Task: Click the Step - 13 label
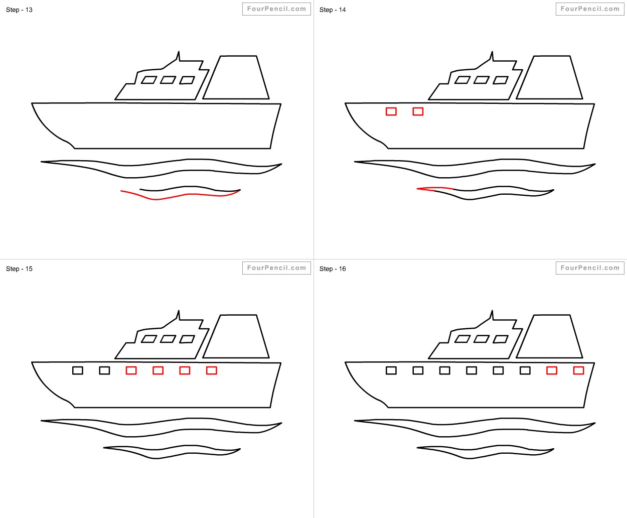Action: click(19, 10)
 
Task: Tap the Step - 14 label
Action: click(333, 10)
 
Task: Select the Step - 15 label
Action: click(19, 269)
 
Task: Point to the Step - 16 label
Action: click(333, 269)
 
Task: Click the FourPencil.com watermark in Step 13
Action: click(276, 9)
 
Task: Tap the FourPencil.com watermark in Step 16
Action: click(590, 268)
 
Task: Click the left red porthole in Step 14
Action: click(391, 111)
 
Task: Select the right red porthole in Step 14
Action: click(418, 111)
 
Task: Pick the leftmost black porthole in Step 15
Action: click(78, 370)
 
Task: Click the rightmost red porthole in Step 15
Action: click(212, 370)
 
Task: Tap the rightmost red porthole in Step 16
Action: click(578, 370)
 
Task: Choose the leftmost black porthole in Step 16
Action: click(391, 370)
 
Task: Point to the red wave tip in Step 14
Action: click(426, 189)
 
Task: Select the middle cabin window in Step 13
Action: click(168, 80)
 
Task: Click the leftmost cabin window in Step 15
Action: click(148, 339)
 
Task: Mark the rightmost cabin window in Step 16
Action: click(501, 339)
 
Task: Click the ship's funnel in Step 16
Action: click(550, 336)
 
